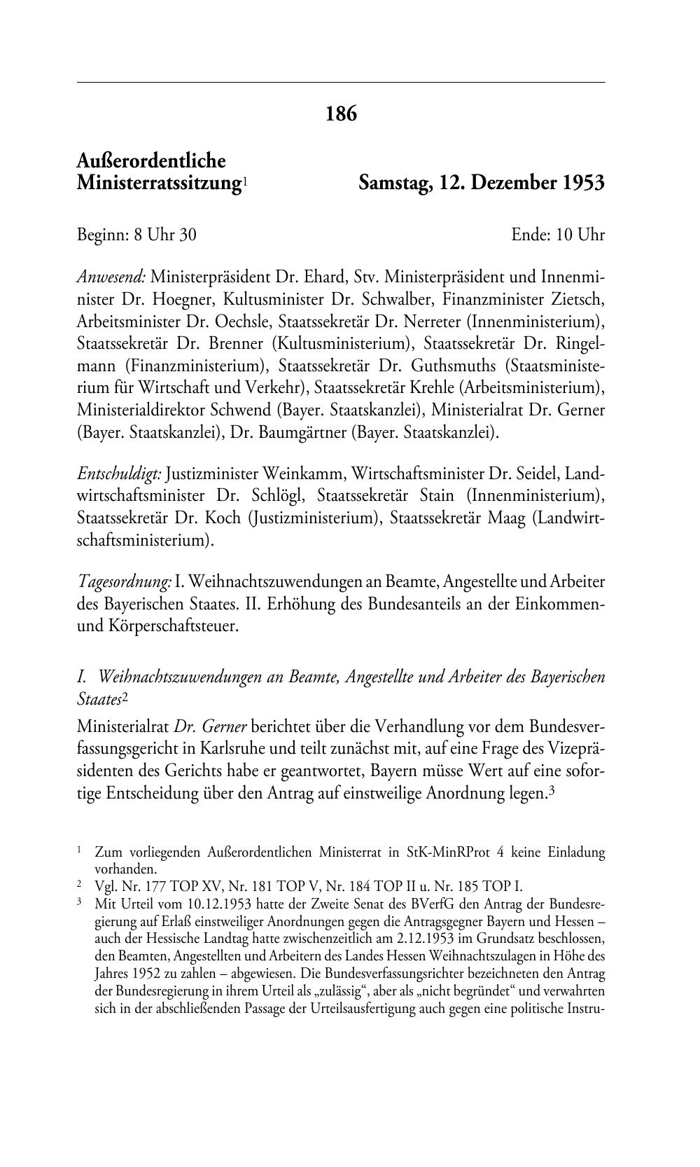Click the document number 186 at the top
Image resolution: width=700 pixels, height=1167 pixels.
point(341,113)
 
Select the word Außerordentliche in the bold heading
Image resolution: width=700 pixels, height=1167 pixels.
point(151,161)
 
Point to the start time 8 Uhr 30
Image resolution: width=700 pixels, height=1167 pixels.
point(166,235)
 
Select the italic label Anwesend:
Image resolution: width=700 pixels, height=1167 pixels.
point(111,277)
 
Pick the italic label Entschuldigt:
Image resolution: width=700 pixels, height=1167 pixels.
point(119,474)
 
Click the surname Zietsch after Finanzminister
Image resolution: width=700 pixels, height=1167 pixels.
point(577,299)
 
